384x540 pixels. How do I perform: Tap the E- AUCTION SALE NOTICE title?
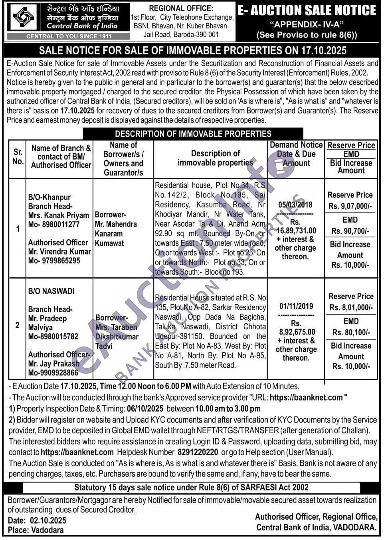point(307,10)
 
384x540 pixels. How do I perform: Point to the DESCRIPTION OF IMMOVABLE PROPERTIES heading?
point(193,134)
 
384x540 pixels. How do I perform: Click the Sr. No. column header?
point(18,157)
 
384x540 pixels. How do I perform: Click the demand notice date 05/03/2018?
point(295,205)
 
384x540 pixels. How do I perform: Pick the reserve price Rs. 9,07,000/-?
point(350,206)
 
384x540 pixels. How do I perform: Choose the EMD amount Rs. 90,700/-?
point(350,231)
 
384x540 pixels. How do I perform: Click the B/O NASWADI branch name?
point(51,291)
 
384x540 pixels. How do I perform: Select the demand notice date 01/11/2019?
point(296,306)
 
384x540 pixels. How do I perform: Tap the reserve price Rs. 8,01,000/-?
point(351,307)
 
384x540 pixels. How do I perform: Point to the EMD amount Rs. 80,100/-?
point(351,332)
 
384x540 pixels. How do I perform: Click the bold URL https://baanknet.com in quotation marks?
point(306,397)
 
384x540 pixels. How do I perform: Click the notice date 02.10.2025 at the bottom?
point(48,520)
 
